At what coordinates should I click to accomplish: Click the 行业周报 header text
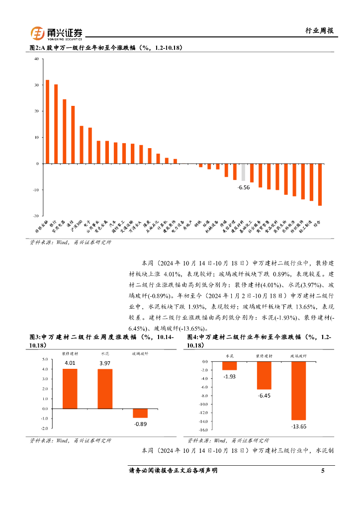pyautogui.click(x=319, y=31)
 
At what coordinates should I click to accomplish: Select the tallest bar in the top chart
pyautogui.click(x=47, y=122)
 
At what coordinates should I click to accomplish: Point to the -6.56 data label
pyautogui.click(x=243, y=187)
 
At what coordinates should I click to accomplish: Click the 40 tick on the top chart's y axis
pyautogui.click(x=36, y=59)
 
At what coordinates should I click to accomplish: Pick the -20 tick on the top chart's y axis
pyautogui.click(x=35, y=216)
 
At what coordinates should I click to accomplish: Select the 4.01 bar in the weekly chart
pyautogui.click(x=70, y=388)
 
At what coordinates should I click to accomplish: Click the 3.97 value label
pyautogui.click(x=105, y=363)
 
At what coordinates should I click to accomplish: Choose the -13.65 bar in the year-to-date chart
pyautogui.click(x=298, y=391)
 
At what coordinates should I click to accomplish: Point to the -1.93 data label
pyautogui.click(x=229, y=376)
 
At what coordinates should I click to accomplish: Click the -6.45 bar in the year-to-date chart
pyautogui.click(x=264, y=375)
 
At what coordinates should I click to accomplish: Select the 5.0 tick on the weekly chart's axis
pyautogui.click(x=45, y=359)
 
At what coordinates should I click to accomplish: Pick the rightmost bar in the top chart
pyautogui.click(x=320, y=184)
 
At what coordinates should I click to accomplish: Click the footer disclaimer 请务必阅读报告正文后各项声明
pyautogui.click(x=173, y=470)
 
